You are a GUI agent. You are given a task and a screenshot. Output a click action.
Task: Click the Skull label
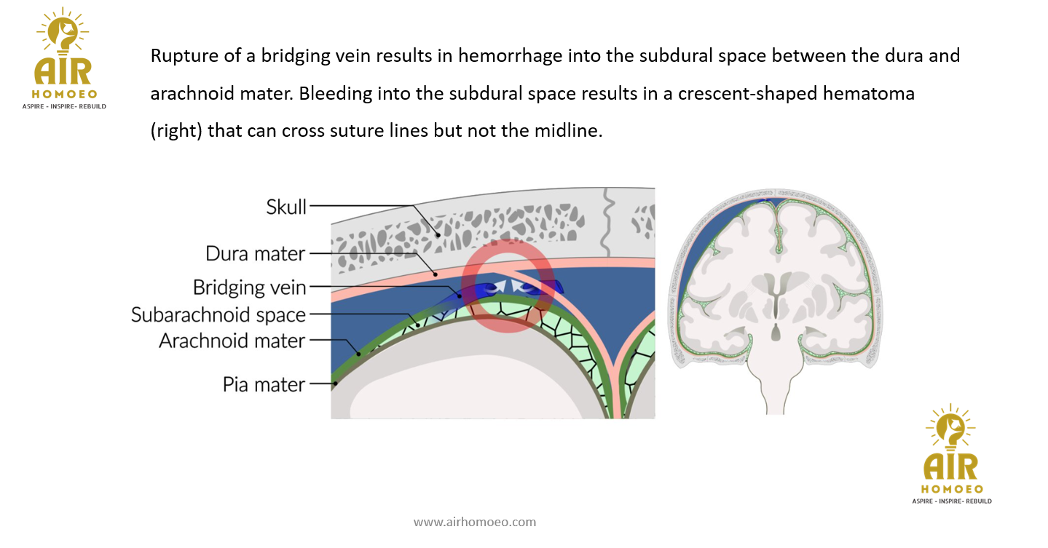pyautogui.click(x=286, y=207)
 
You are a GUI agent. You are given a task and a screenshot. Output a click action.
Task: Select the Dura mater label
pyautogui.click(x=255, y=254)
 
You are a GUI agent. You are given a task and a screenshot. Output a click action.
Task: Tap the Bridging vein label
pyautogui.click(x=249, y=287)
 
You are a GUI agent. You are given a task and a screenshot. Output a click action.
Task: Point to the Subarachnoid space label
pyautogui.click(x=218, y=315)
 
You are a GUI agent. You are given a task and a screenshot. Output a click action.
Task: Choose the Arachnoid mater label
pyautogui.click(x=232, y=341)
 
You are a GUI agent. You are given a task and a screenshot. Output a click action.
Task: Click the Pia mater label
pyautogui.click(x=264, y=384)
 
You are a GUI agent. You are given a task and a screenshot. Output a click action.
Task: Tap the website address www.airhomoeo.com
pyautogui.click(x=474, y=522)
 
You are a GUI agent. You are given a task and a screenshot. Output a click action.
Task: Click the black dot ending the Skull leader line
pyautogui.click(x=438, y=234)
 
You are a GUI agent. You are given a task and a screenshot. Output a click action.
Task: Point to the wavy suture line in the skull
pyautogui.click(x=606, y=218)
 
